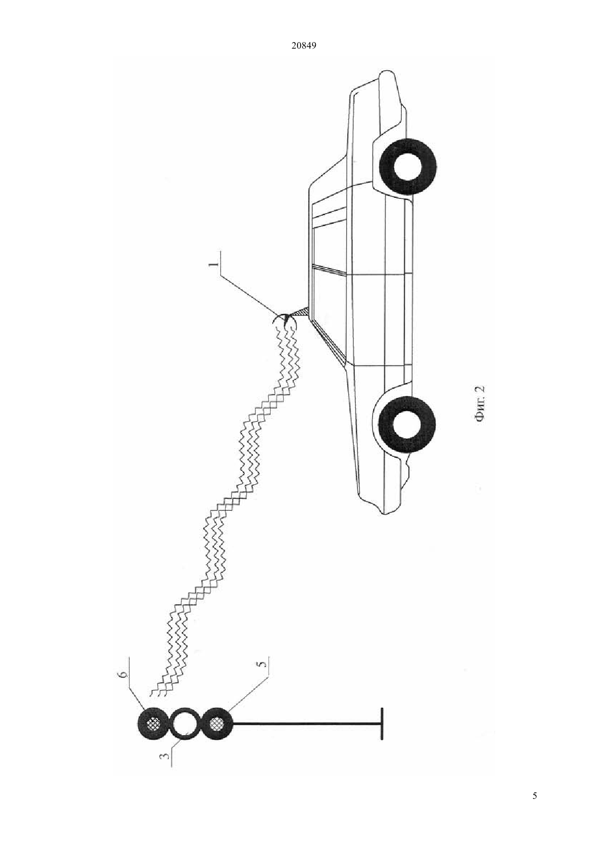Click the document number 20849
tap(303, 45)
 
